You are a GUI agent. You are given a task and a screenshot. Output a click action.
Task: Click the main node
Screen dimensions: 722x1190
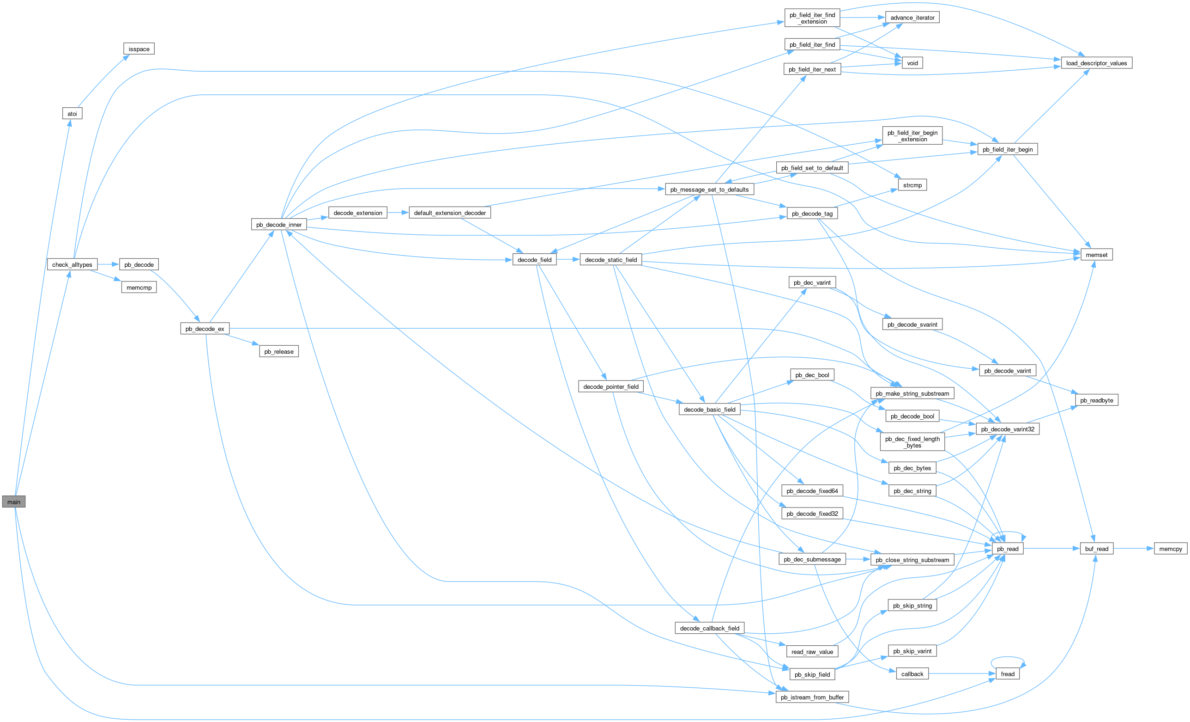(x=13, y=502)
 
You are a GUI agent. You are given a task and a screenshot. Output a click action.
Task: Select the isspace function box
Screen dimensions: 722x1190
(x=139, y=49)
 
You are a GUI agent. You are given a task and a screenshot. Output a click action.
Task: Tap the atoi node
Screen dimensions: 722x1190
(x=72, y=114)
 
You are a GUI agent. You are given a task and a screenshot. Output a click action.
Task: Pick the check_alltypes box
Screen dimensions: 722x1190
(x=72, y=264)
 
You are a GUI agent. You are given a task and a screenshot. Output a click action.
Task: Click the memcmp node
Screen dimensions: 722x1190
(x=139, y=288)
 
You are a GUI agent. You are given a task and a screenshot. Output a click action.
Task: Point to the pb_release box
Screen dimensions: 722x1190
(x=278, y=351)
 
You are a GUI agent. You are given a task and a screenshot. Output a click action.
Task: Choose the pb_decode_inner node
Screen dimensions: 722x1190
(x=278, y=225)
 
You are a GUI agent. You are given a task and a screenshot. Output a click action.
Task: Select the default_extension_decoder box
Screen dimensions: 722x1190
(x=450, y=213)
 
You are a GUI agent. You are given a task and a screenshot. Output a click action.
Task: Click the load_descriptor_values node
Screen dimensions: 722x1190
(x=1096, y=63)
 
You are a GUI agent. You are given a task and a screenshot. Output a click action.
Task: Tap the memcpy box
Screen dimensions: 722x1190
(x=1170, y=549)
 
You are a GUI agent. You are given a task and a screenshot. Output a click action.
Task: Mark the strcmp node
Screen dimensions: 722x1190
(x=912, y=185)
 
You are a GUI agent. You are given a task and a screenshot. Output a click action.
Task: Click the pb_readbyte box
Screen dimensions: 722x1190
(x=1096, y=400)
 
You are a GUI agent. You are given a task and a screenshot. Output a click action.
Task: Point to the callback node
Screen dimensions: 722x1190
(x=912, y=673)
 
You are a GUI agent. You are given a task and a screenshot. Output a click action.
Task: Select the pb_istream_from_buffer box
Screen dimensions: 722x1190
(x=812, y=697)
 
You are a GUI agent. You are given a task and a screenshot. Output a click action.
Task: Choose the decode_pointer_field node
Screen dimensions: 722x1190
(x=610, y=386)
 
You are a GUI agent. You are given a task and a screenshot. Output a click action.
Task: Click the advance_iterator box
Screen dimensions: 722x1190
(x=912, y=18)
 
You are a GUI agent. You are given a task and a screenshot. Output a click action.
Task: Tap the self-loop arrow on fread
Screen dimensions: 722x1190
(x=1008, y=658)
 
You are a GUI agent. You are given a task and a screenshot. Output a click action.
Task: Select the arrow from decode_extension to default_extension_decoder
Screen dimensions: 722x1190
(x=398, y=213)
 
